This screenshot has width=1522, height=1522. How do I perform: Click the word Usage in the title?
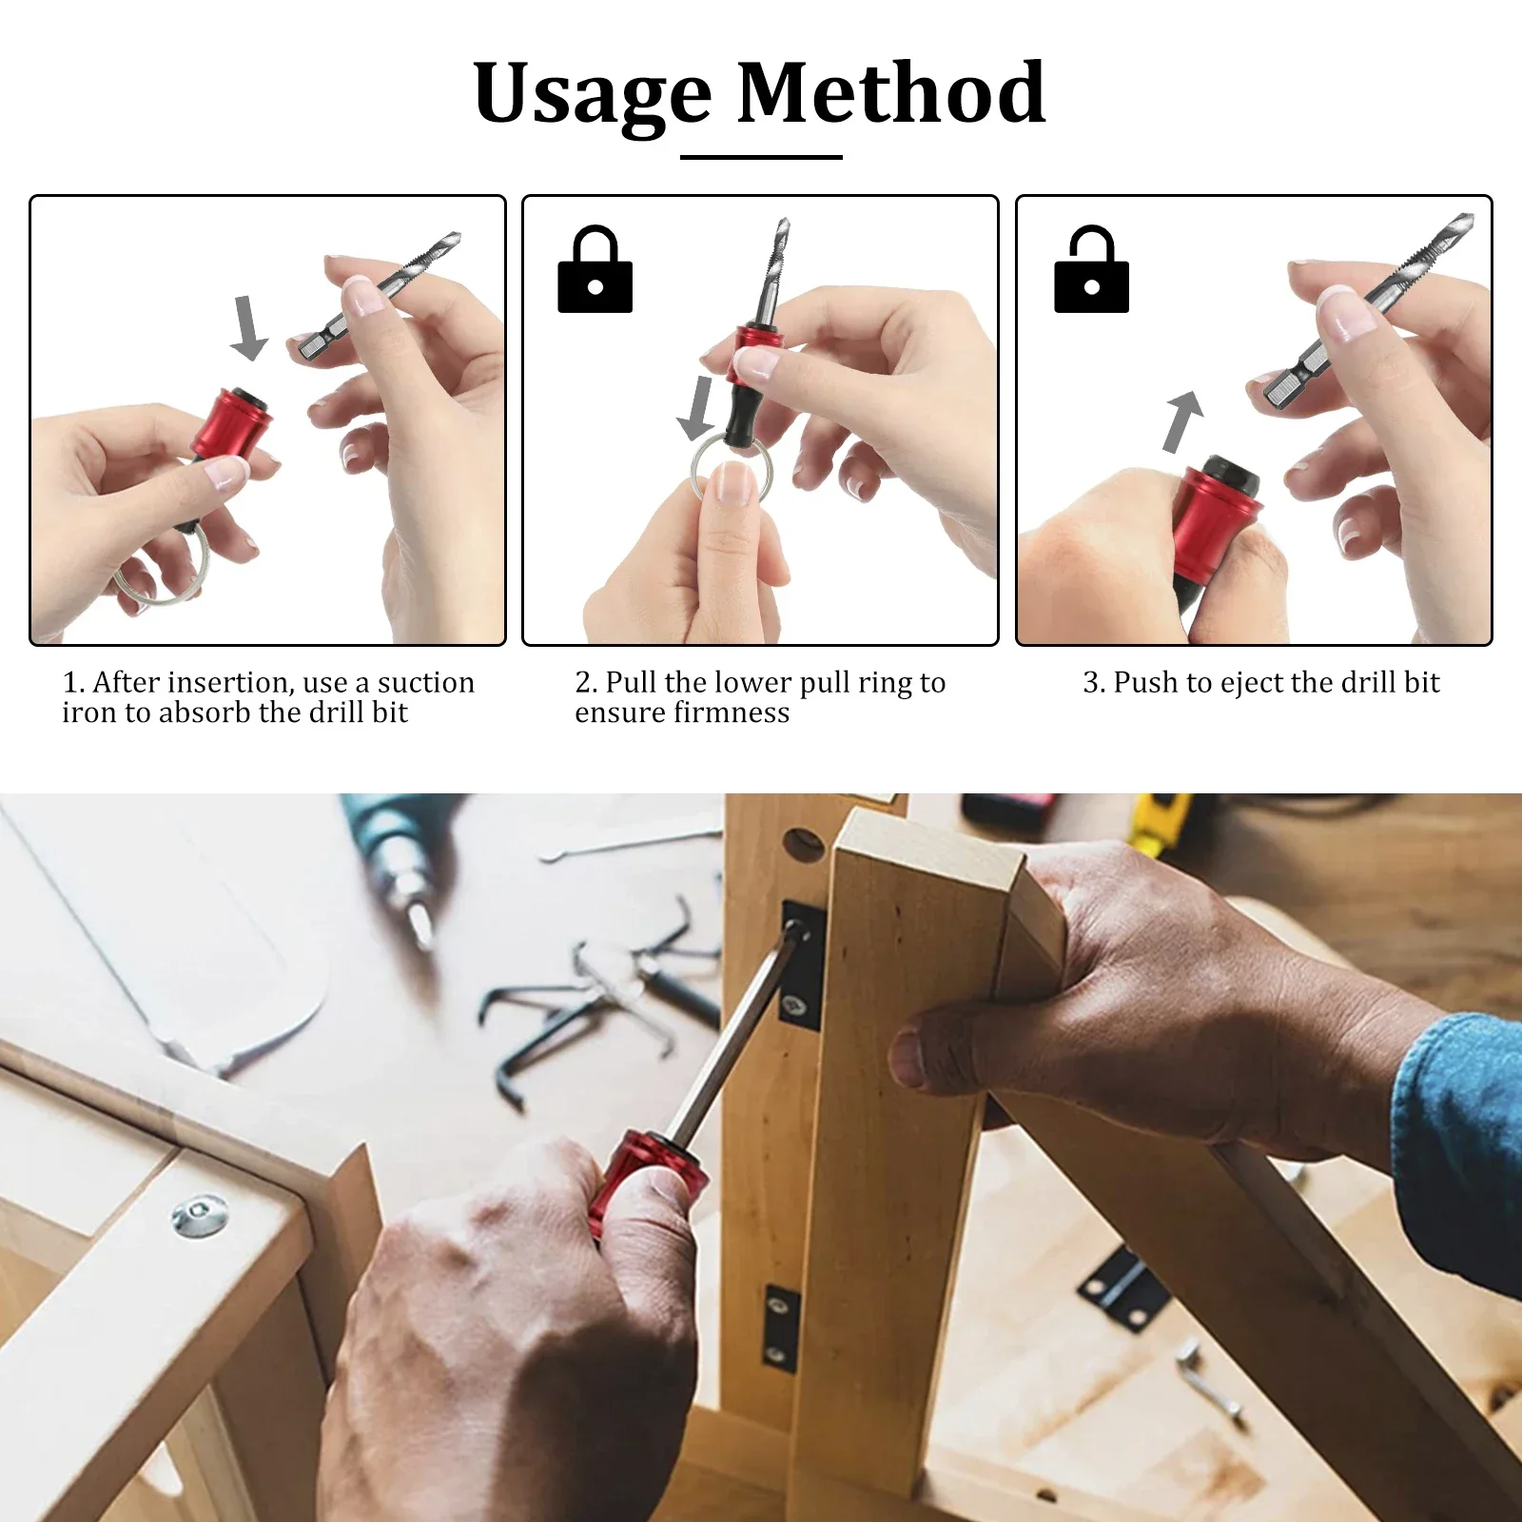(592, 94)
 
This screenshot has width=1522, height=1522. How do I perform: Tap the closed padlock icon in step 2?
(595, 270)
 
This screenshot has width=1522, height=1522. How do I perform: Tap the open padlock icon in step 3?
(1091, 270)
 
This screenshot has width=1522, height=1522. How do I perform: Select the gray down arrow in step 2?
(697, 407)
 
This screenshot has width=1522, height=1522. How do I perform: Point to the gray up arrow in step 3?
(1182, 420)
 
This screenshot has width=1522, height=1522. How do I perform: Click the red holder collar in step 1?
(231, 421)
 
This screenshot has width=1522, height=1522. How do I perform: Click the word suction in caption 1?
(425, 682)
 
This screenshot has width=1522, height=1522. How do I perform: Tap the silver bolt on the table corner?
(201, 1217)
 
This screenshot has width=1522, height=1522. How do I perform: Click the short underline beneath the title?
(761, 157)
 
